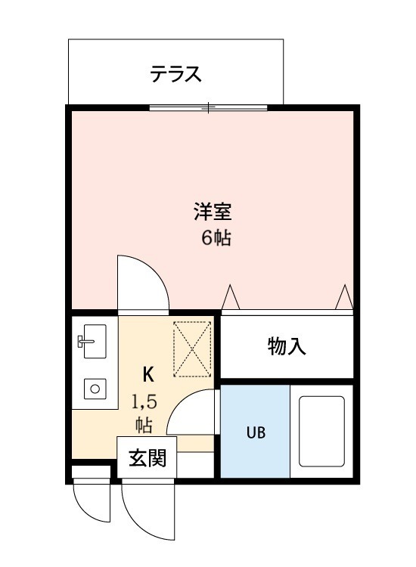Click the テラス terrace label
[175, 74]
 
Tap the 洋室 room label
[206, 211]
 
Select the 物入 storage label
[286, 346]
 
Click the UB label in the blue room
[254, 433]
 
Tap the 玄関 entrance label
[147, 458]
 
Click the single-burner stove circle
[95, 389]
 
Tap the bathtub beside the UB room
[321, 431]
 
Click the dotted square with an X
[193, 349]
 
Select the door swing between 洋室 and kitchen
[139, 283]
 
